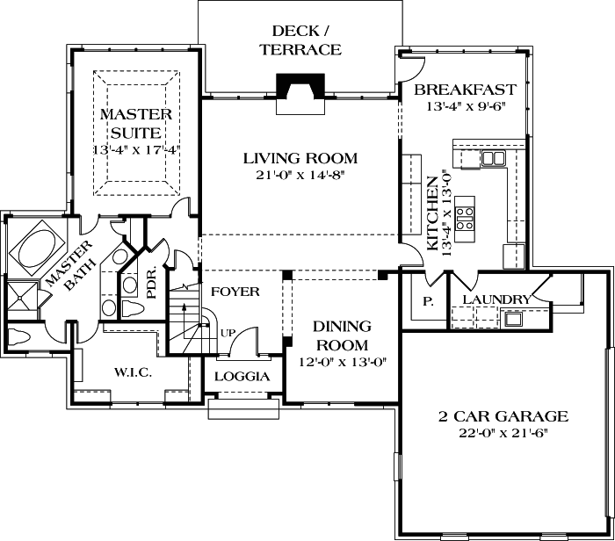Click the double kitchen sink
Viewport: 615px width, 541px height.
pos(493,158)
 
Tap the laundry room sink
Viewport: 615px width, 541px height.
pos(512,317)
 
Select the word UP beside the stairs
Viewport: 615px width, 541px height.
pos(228,334)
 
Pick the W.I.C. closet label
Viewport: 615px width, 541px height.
pos(132,372)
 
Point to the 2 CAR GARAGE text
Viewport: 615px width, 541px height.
pos(503,416)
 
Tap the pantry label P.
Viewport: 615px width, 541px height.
pos(428,301)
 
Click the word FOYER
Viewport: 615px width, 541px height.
pos(235,291)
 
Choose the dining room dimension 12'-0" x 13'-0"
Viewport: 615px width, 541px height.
pos(342,361)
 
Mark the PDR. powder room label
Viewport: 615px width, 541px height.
pos(152,282)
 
